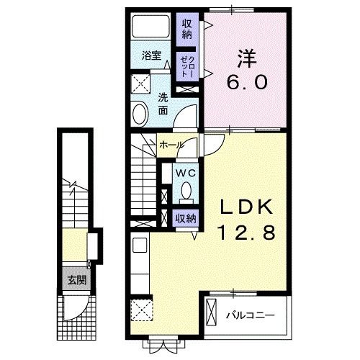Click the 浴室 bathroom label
[x=151, y=55]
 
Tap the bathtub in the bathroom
[x=150, y=27]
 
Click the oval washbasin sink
[x=140, y=113]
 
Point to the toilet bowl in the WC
[x=186, y=192]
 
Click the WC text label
[x=186, y=173]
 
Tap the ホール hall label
[x=171, y=145]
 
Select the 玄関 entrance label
[x=77, y=280]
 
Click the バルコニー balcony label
[x=251, y=315]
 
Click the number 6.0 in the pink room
[x=247, y=82]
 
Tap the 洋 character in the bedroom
[x=247, y=58]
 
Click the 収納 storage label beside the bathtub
[x=187, y=30]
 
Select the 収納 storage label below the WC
[x=186, y=218]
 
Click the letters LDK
[x=247, y=207]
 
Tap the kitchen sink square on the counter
[x=140, y=245]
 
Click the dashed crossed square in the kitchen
[x=142, y=310]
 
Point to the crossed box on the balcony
[x=212, y=312]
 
